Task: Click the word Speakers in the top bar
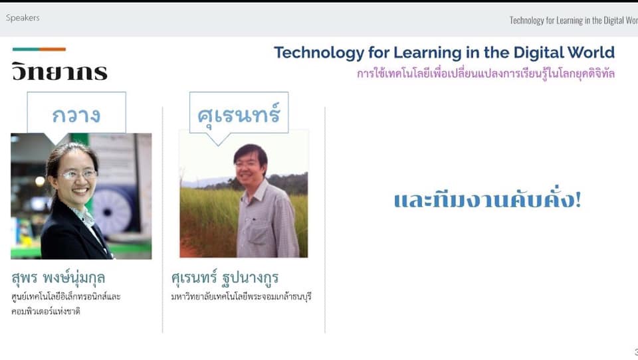(23, 18)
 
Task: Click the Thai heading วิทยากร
(59, 72)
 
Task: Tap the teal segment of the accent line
(26, 49)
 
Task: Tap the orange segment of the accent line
(53, 49)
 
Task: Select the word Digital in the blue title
(538, 52)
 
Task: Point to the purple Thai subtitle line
(486, 74)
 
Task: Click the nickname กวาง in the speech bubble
(76, 115)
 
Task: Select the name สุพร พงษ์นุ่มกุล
(58, 278)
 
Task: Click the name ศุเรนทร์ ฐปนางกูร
(225, 278)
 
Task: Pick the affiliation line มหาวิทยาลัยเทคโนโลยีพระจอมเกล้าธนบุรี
(241, 296)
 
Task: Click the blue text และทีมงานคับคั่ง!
(487, 200)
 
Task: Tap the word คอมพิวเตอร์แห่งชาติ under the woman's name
(46, 312)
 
